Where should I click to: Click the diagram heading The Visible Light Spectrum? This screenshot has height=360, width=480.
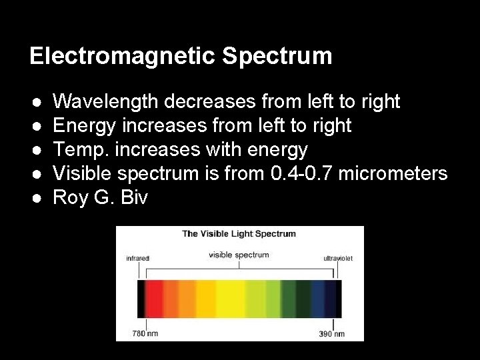pos(239,234)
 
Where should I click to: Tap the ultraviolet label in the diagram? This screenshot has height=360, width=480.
pos(337,257)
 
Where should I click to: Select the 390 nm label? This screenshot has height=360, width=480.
pos(331,333)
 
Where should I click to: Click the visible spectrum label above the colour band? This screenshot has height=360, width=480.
pos(239,254)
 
